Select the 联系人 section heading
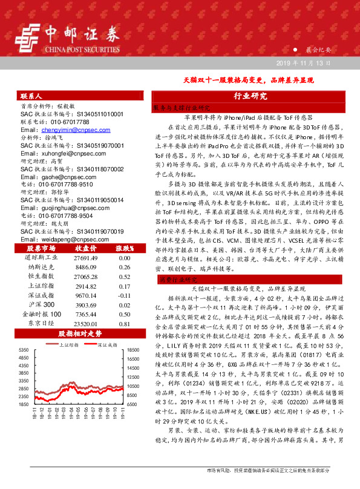[x=31, y=96]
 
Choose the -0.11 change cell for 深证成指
[x=125, y=296]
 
